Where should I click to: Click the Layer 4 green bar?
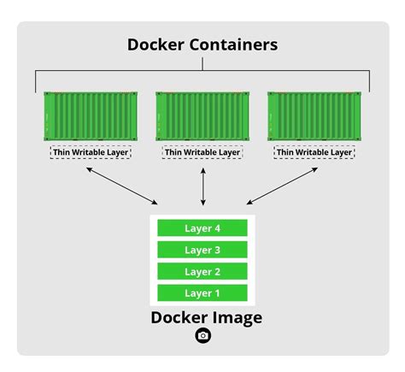coord(202,228)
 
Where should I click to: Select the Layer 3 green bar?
coord(202,250)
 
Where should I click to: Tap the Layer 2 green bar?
coord(202,272)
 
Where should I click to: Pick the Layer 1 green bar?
coord(202,293)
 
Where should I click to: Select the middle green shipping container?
coord(202,117)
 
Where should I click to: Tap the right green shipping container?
coord(314,117)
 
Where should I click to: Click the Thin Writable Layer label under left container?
coord(91,153)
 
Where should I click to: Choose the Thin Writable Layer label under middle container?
coord(202,153)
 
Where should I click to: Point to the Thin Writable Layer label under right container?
coord(314,153)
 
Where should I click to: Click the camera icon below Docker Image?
coord(202,336)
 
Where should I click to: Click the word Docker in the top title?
coord(160,44)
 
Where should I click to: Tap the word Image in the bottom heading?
coord(235,317)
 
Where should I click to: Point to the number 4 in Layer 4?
coord(217,228)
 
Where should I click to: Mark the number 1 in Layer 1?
coord(217,293)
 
